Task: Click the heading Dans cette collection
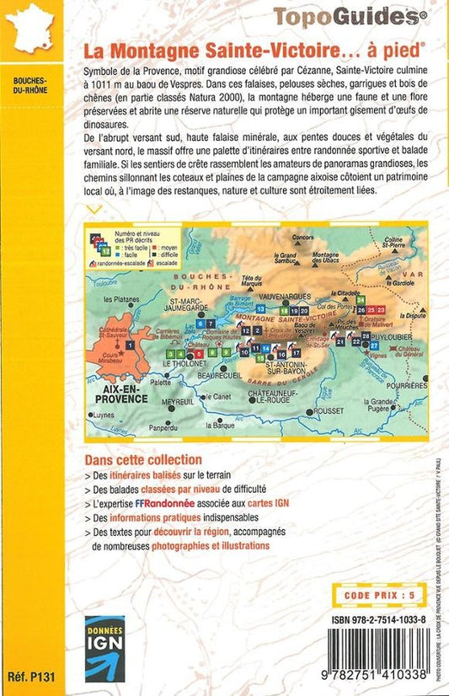pos(143,460)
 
